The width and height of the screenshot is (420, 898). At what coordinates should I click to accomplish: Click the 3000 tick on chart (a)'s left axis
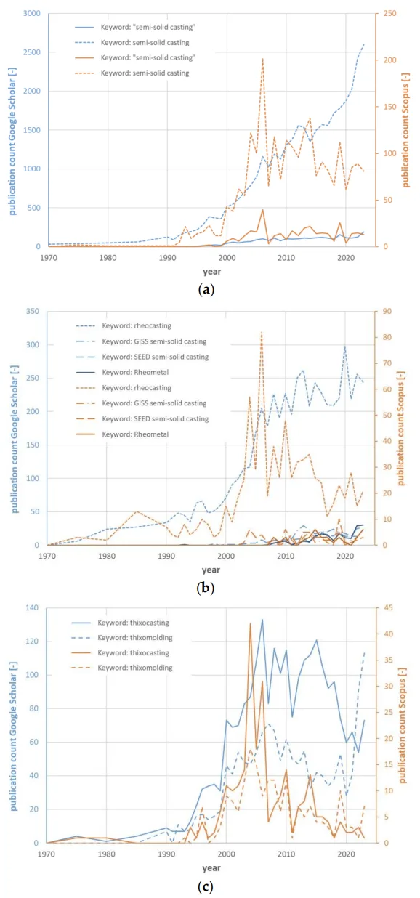click(x=32, y=13)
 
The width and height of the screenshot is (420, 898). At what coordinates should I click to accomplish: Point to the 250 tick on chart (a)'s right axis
click(x=389, y=13)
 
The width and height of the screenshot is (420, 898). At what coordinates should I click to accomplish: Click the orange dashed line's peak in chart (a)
click(x=262, y=59)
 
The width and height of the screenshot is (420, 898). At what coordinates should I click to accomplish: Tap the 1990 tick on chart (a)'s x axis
click(x=167, y=257)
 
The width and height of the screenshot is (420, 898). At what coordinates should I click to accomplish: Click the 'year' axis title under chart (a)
click(x=211, y=272)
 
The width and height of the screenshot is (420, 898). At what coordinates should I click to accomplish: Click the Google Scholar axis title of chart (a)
click(x=13, y=147)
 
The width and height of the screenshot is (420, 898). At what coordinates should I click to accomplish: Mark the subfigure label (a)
click(x=206, y=289)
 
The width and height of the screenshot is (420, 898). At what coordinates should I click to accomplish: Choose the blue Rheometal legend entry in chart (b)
click(x=122, y=372)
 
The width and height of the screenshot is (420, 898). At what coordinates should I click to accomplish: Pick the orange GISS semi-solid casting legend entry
click(x=141, y=403)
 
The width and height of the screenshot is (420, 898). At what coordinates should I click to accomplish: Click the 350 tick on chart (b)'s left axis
click(x=33, y=311)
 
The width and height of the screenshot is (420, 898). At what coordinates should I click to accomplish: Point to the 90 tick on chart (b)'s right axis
click(x=387, y=311)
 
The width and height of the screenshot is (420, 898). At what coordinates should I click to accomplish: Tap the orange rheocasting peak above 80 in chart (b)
click(x=262, y=332)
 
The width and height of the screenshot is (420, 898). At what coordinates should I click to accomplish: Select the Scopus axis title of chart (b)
click(x=401, y=428)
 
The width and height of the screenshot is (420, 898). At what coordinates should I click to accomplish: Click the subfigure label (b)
click(x=206, y=588)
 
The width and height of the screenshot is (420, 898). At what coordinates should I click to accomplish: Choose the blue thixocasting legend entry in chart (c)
click(x=120, y=623)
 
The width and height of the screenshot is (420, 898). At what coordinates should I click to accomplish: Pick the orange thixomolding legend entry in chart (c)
click(x=122, y=668)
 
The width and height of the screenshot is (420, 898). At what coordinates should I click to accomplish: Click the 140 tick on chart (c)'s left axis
click(x=32, y=608)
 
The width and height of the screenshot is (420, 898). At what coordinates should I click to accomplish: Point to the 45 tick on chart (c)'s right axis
click(x=388, y=608)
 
